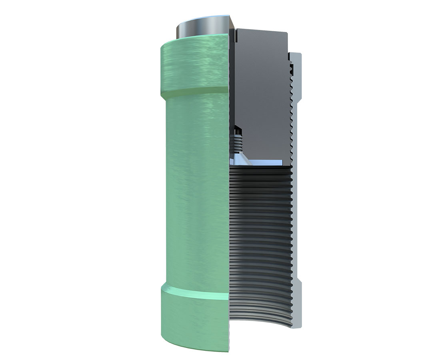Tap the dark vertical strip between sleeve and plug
point(232,80)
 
